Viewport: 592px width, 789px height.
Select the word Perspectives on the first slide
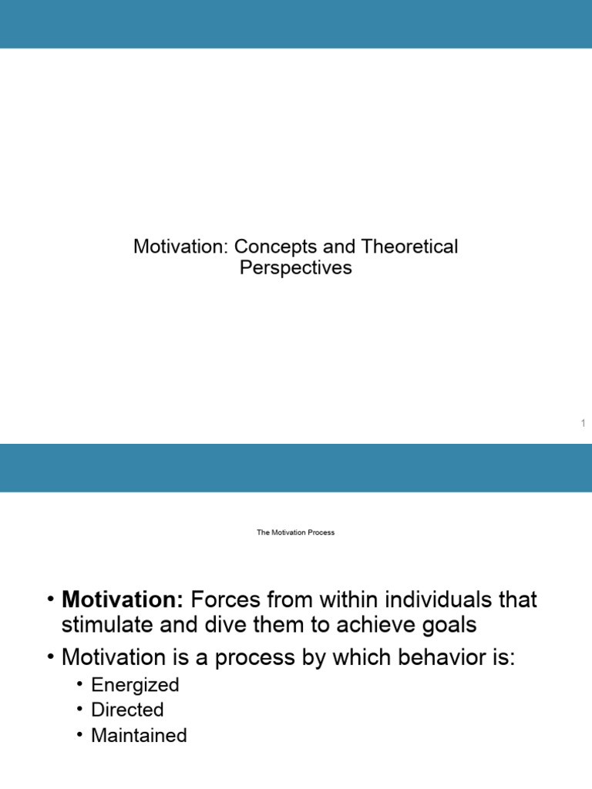point(296,269)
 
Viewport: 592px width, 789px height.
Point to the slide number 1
point(584,423)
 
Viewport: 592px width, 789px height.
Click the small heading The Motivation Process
point(296,532)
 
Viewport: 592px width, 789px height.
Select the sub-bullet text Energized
point(135,685)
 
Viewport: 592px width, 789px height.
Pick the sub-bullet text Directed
point(127,710)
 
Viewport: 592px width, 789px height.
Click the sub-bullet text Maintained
point(139,735)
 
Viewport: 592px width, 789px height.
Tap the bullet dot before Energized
point(79,684)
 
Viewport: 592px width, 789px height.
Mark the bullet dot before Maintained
point(79,734)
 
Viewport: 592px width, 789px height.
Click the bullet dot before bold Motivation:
point(50,599)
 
